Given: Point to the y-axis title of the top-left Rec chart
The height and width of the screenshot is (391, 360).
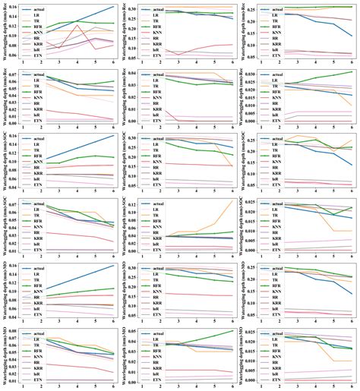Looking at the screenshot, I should pos(5,34).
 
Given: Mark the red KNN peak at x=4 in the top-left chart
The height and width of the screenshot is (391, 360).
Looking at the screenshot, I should pos(78,26).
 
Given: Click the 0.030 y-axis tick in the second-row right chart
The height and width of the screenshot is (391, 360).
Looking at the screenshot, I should pos(251,73).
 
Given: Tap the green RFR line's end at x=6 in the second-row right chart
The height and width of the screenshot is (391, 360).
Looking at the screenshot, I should pos(352,72).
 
